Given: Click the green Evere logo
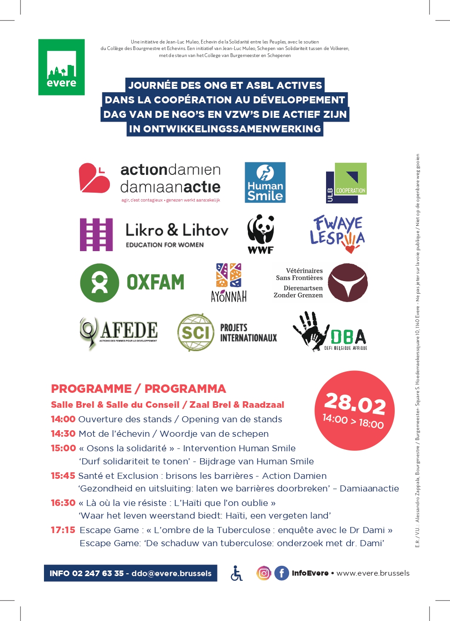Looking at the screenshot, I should pos(61,67).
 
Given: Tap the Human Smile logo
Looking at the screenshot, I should pos(265,182).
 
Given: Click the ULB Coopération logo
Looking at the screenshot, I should pos(346,183).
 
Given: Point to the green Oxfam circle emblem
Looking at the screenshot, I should pos(100,282).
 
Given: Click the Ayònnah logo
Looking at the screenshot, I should pos(229,282).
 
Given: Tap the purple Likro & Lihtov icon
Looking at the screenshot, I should pos(96,234).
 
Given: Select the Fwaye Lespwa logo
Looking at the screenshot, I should pos(337,234).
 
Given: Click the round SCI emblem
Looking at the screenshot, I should pos(196,332).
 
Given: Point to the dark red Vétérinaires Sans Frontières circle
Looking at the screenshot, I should pos(348,282).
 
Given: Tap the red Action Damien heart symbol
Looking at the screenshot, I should pos(94,178).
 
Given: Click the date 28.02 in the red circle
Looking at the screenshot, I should pos(355,403).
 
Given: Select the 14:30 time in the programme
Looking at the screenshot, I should pos(63,434).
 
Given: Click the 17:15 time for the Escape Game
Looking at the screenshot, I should pos(63,530).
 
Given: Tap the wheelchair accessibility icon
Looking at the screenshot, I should pos(237,573).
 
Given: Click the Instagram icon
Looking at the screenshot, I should pos(264,573).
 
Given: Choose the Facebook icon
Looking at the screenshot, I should pos(282,573).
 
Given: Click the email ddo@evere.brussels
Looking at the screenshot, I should pos(171,574).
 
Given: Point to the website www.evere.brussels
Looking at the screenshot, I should pos(373,573).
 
